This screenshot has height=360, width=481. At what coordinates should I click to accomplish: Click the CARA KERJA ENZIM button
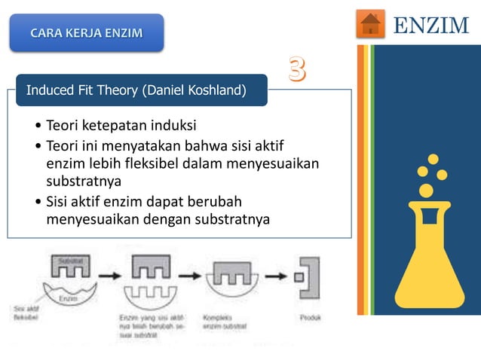(86, 33)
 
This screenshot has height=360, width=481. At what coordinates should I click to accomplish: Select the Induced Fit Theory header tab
(136, 91)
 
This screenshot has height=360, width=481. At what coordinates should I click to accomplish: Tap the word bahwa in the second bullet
(207, 144)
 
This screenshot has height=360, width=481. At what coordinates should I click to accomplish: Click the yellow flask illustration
(429, 256)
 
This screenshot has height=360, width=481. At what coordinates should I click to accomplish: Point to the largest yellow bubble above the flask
(426, 191)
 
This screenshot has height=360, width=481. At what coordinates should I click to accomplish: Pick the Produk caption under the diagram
(310, 318)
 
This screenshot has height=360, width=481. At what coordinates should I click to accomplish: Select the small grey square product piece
(299, 276)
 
